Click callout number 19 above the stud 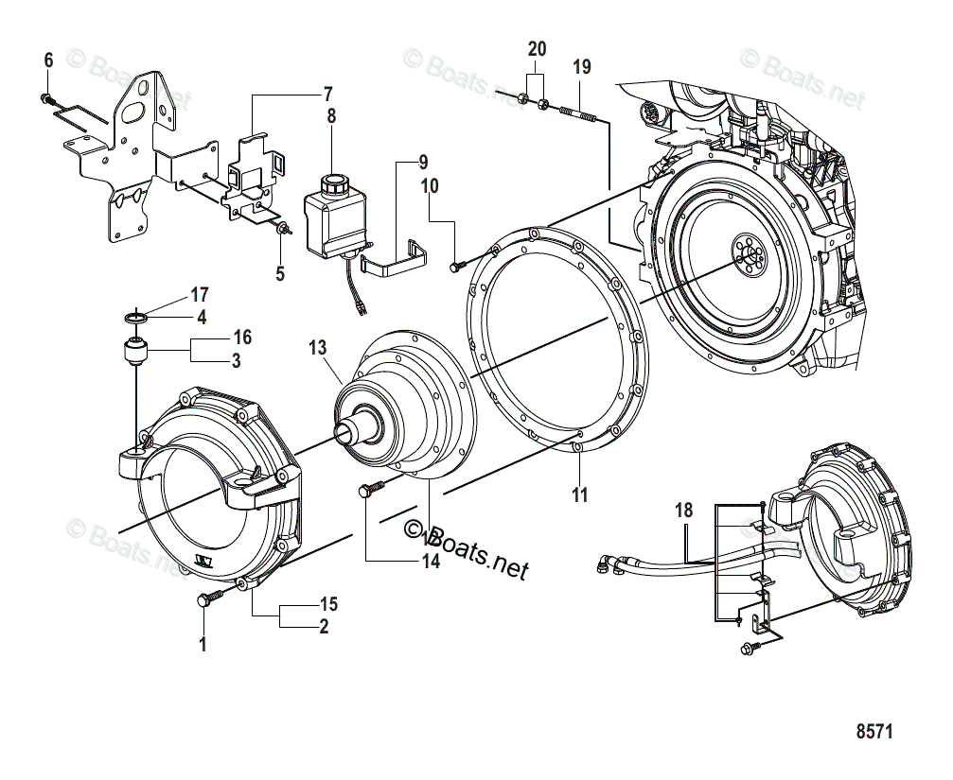[581, 66]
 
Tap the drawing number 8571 [874, 731]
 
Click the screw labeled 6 [46, 97]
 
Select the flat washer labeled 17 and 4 [136, 317]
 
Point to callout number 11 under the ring [579, 494]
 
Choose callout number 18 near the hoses [684, 511]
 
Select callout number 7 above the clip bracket [327, 95]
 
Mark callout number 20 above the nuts [537, 48]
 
